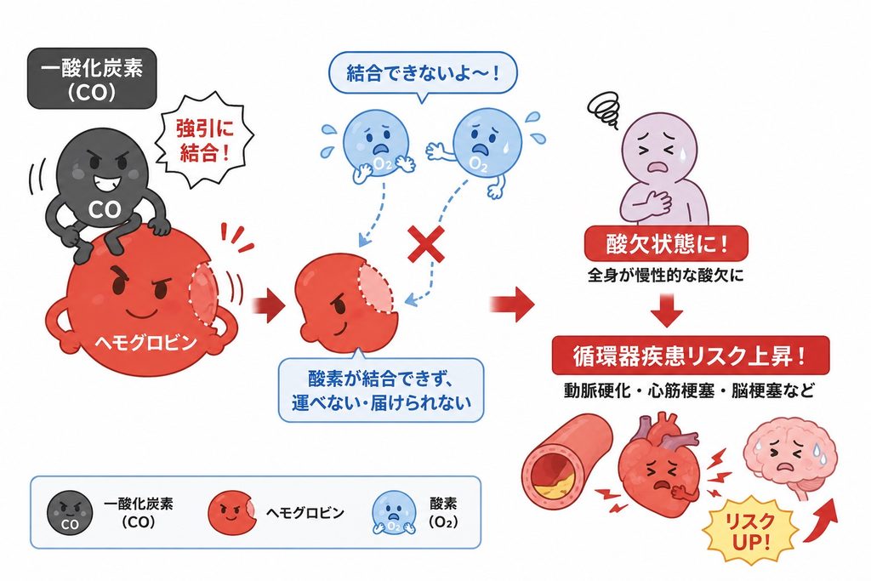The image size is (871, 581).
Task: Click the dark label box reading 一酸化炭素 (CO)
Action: tap(92, 78)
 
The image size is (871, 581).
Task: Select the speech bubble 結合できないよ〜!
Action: tap(423, 74)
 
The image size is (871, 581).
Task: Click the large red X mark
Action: tap(426, 244)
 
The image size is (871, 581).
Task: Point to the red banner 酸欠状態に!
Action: tap(666, 243)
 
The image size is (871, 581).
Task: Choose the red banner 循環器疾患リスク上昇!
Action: tap(691, 356)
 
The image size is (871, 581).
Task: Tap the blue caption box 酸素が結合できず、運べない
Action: tap(381, 390)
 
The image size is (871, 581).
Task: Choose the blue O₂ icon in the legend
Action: tap(394, 513)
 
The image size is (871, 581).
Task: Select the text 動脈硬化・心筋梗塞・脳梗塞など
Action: tap(689, 390)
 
